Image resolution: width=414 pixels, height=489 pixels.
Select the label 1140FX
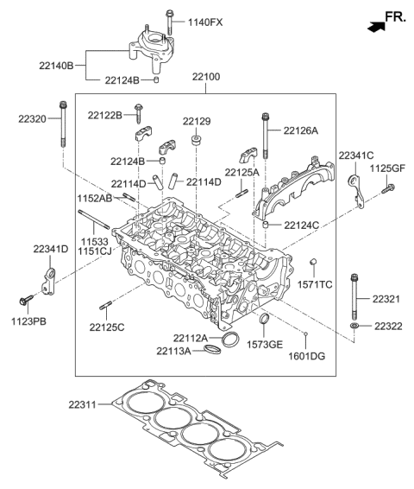(x=204, y=22)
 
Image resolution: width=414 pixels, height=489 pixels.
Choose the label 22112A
(x=189, y=338)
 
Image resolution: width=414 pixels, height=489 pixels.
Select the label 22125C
(x=106, y=327)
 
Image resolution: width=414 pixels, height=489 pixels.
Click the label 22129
(x=198, y=122)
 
